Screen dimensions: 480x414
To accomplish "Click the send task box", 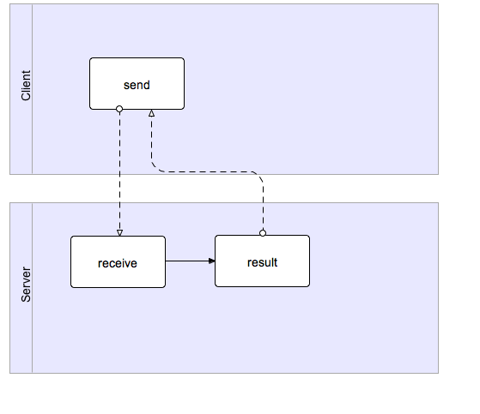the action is (137, 83).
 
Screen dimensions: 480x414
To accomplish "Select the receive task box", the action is (118, 261).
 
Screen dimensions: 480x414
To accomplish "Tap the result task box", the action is (263, 261).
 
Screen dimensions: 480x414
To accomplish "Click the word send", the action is (137, 85).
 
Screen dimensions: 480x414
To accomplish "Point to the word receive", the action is (118, 263).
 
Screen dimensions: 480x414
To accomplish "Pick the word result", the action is (263, 262).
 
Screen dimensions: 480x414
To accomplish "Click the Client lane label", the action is (26, 85).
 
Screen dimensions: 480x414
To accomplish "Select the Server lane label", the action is (26, 285).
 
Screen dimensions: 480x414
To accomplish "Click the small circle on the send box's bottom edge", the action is (119, 109).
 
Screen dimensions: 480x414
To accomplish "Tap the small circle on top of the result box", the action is (263, 233).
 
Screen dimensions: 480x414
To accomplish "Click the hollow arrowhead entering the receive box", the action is (119, 233).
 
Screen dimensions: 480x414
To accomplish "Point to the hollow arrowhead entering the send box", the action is (151, 113).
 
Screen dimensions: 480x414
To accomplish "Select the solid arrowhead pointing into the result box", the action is (211, 261).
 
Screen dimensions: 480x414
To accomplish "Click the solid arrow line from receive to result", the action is (190, 261).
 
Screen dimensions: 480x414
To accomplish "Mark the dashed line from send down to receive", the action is (119, 171).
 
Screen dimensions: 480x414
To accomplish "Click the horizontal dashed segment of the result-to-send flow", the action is (208, 171).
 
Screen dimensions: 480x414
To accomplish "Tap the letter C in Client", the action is (26, 96).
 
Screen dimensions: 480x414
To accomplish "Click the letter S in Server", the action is (26, 298).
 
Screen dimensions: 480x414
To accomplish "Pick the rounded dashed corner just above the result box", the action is (258, 176).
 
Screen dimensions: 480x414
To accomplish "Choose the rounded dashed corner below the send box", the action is (155, 168).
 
